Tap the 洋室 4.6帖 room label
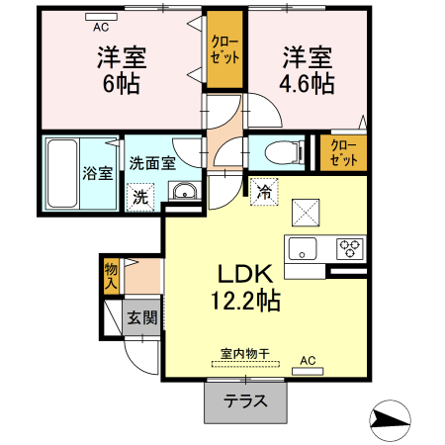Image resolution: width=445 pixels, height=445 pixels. (x=306, y=68)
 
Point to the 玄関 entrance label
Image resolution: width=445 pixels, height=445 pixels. (x=141, y=317)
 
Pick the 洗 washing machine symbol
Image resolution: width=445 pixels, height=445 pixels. (x=141, y=196)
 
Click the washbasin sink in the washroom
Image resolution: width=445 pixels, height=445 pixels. (x=183, y=192)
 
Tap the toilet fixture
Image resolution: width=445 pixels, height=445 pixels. (x=281, y=152)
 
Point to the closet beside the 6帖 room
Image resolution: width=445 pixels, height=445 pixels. (x=224, y=49)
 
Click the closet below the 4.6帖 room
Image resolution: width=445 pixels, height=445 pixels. (x=343, y=152)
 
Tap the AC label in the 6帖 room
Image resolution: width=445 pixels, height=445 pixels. (x=101, y=17)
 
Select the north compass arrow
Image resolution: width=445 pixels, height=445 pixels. (x=393, y=420)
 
